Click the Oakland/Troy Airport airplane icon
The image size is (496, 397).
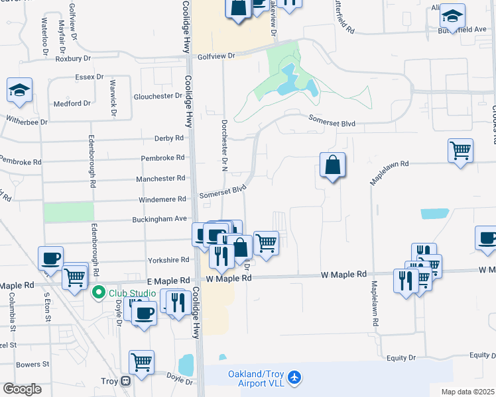point(294,378)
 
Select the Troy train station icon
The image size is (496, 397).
point(125,381)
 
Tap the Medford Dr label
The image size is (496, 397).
point(72,104)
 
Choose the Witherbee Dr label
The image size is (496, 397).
point(27,122)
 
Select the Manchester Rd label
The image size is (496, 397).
point(160,179)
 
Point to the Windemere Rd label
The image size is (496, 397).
point(162,199)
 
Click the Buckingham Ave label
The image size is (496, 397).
point(162,218)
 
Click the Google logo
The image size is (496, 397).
point(22,389)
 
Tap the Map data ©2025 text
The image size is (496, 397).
point(467,392)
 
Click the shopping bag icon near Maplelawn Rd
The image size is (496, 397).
point(332,165)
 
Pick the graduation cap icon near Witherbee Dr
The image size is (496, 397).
point(19,90)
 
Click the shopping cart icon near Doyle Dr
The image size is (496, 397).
point(141,363)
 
